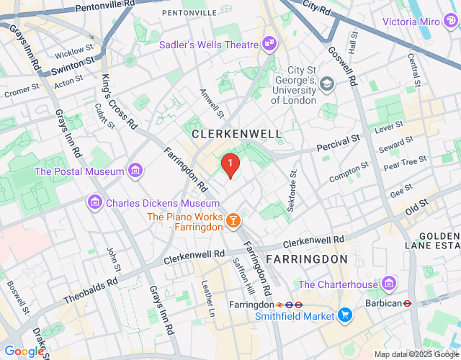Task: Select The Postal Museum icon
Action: tap(135, 171)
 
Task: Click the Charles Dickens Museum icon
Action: tap(94, 204)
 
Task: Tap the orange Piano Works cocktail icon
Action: tap(233, 220)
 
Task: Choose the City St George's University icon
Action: tap(327, 84)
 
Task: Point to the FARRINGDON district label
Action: tap(307, 258)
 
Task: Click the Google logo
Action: tap(24, 351)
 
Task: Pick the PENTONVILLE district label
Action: tap(188, 13)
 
